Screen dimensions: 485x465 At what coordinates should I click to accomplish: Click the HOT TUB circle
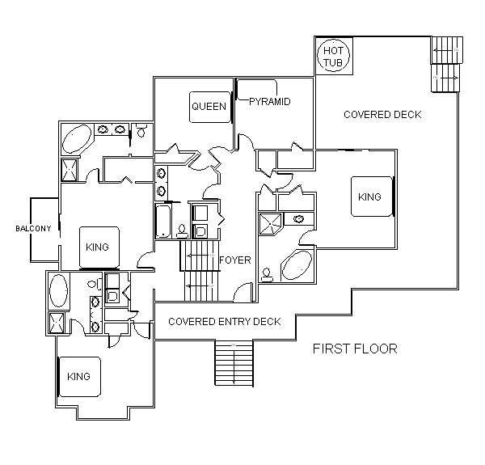[x=333, y=40]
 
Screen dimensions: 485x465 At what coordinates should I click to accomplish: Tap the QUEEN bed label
[x=209, y=107]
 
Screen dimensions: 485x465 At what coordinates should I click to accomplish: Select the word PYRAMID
[x=270, y=101]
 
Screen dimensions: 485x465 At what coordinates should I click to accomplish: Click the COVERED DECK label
[x=382, y=115]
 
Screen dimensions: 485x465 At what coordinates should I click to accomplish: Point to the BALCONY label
[x=33, y=228]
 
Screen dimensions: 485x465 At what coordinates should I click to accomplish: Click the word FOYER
[x=235, y=260]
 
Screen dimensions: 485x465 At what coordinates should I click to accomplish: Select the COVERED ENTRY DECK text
[x=225, y=321]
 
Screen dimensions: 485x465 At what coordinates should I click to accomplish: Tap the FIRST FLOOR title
[x=355, y=349]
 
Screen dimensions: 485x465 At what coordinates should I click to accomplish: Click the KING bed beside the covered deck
[x=372, y=197]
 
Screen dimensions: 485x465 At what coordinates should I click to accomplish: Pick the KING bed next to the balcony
[x=99, y=247]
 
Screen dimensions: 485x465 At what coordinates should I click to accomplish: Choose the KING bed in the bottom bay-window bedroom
[x=80, y=377]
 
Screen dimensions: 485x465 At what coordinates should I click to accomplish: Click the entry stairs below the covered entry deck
[x=234, y=363]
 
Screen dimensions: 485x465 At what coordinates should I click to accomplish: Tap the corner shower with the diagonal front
[x=271, y=224]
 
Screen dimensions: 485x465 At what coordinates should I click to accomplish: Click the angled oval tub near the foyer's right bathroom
[x=297, y=265]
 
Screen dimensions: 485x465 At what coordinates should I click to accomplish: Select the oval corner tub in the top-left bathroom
[x=77, y=138]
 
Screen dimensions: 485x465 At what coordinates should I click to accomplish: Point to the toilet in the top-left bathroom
[x=141, y=131]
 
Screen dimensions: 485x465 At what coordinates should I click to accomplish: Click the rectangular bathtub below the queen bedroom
[x=163, y=221]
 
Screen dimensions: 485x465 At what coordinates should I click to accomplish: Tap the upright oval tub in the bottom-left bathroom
[x=58, y=290]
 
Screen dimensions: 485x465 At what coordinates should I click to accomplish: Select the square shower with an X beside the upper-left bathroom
[x=69, y=170]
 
